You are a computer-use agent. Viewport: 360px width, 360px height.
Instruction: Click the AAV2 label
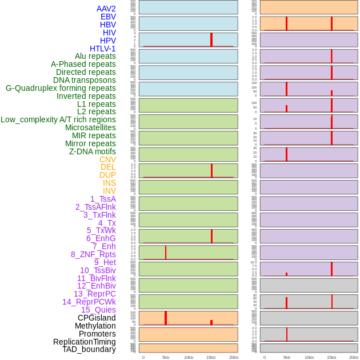click(106, 9)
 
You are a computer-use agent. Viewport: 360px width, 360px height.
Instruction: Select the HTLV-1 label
click(102, 49)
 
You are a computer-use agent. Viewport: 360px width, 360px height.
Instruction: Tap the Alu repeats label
click(95, 56)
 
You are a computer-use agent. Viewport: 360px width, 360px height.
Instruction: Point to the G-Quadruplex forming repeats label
click(61, 88)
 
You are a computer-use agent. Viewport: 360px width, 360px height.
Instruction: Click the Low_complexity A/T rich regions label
click(58, 119)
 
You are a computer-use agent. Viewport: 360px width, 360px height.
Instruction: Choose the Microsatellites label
click(90, 127)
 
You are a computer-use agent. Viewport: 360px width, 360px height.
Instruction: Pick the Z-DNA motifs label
click(93, 151)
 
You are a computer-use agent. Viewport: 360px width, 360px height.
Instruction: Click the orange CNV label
click(107, 159)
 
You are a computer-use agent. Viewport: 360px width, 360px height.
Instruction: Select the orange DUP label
click(107, 175)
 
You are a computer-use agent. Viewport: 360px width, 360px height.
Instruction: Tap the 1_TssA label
click(103, 199)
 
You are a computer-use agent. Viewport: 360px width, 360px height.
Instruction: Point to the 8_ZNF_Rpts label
click(93, 254)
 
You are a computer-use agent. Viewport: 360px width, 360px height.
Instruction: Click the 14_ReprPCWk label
click(89, 302)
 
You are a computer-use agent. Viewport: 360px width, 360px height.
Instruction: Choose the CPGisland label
click(97, 318)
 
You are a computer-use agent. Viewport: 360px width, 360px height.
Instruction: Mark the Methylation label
click(95, 326)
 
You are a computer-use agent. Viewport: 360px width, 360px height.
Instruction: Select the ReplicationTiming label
click(85, 342)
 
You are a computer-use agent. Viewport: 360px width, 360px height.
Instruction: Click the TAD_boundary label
click(89, 349)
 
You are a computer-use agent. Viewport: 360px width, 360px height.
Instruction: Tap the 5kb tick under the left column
click(166, 357)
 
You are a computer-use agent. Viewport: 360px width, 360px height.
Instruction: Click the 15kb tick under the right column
click(331, 357)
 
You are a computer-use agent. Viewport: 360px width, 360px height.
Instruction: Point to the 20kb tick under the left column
click(234, 357)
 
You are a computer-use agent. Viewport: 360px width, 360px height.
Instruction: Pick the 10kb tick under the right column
click(309, 357)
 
